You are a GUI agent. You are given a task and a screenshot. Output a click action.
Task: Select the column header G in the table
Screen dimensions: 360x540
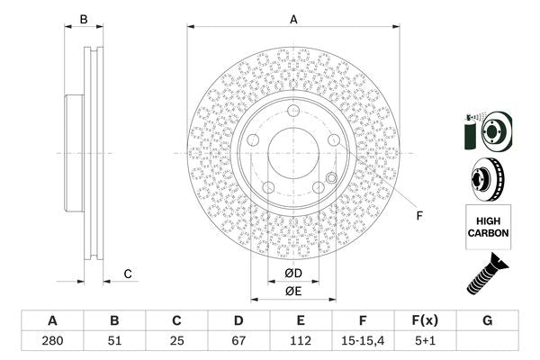pyautogui.click(x=488, y=321)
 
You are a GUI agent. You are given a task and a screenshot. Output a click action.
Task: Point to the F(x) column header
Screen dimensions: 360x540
pyautogui.click(x=426, y=321)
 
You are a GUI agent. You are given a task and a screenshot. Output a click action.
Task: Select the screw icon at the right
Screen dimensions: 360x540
pyautogui.click(x=487, y=274)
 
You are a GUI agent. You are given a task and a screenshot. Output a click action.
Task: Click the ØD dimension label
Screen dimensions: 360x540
pyautogui.click(x=292, y=273)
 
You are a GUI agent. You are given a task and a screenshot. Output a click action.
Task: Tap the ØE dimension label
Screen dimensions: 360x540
pyautogui.click(x=292, y=291)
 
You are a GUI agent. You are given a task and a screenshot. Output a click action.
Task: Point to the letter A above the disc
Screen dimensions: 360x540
pyautogui.click(x=293, y=19)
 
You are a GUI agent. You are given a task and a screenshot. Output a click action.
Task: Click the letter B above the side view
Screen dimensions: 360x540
pyautogui.click(x=83, y=19)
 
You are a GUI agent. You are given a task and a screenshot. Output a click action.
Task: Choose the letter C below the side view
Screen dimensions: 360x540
pyautogui.click(x=128, y=273)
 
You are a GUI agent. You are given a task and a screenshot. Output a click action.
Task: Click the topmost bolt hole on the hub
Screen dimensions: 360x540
pyautogui.click(x=293, y=111)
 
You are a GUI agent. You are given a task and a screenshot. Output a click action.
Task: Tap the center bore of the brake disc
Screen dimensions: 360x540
pyautogui.click(x=293, y=152)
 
